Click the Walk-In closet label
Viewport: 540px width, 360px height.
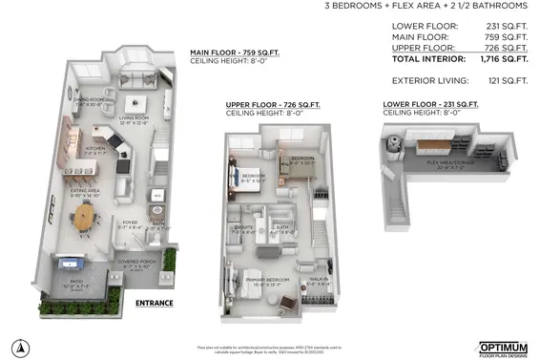click(320, 282)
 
